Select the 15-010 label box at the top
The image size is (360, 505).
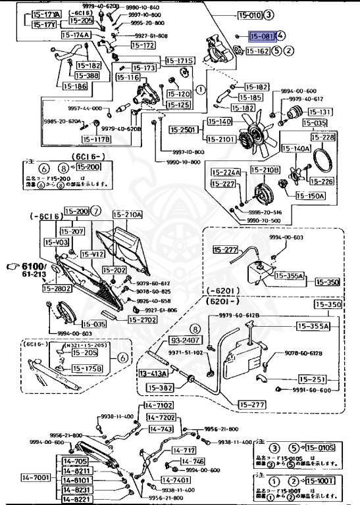[x=250, y=13]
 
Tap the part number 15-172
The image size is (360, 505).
[x=143, y=45]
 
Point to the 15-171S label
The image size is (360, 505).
[x=180, y=61]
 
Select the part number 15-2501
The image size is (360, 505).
[x=186, y=130]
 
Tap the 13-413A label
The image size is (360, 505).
[x=153, y=373]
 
